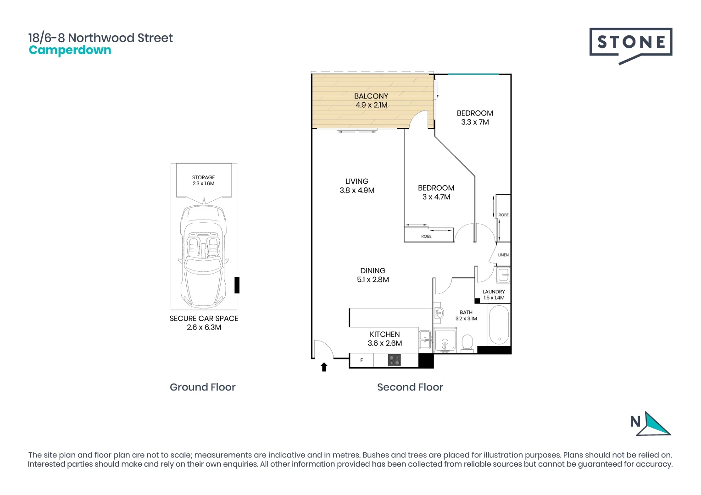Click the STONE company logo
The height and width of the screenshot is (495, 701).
pos(630,44)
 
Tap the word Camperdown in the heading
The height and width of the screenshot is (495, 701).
pos(70,50)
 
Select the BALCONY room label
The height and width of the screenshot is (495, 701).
pos(371,96)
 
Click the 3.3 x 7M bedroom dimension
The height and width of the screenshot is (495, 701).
pos(475,122)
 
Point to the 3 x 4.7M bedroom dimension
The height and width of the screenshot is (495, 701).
pos(436,197)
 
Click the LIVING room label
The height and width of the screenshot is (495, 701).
pos(356,181)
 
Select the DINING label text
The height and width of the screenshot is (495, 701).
pos(373,271)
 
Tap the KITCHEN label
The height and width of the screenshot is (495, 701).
pos(384,335)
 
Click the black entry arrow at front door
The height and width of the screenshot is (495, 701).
pos(324,367)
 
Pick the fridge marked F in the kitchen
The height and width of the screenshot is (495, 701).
pos(362,360)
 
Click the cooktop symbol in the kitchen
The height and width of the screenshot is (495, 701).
pos(394,360)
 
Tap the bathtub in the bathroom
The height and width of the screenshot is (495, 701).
pos(499,325)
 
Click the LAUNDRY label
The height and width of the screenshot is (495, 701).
pos(494,291)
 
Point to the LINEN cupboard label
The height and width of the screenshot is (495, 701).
pos(503,255)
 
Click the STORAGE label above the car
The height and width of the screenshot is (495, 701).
pos(203,177)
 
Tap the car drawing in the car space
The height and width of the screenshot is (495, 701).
pos(203,257)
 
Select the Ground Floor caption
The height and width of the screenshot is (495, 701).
pos(202,387)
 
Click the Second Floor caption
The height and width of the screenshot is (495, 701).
pos(410,387)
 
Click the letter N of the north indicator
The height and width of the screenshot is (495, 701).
pos(635,422)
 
